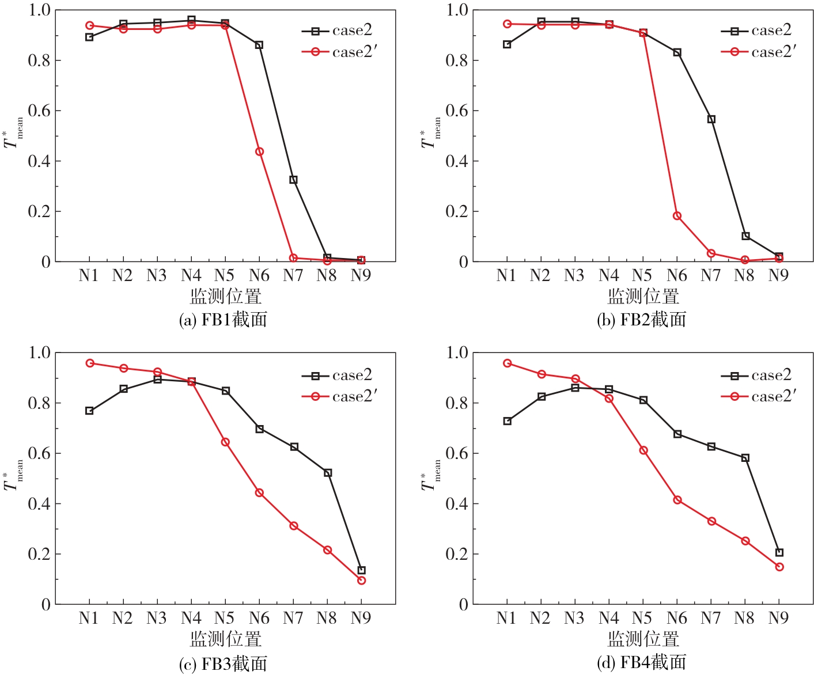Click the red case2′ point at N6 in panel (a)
click(259, 151)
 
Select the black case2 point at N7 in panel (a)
click(293, 180)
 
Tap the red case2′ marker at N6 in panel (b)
click(677, 216)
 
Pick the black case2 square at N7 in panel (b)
click(711, 119)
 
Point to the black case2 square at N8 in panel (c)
click(327, 473)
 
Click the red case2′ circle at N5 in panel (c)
click(225, 442)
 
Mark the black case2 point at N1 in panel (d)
click(507, 421)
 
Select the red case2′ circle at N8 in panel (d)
click(745, 541)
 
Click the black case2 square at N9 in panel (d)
click(779, 552)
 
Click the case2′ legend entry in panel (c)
click(339, 396)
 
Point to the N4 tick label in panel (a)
click(191, 276)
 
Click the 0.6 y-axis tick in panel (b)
click(457, 111)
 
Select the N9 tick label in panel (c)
click(361, 619)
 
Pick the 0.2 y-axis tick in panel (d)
click(457, 554)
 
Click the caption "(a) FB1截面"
click(223, 320)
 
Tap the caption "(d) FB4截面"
click(641, 663)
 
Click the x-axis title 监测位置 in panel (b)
click(643, 297)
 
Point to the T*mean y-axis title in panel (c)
click(13, 478)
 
